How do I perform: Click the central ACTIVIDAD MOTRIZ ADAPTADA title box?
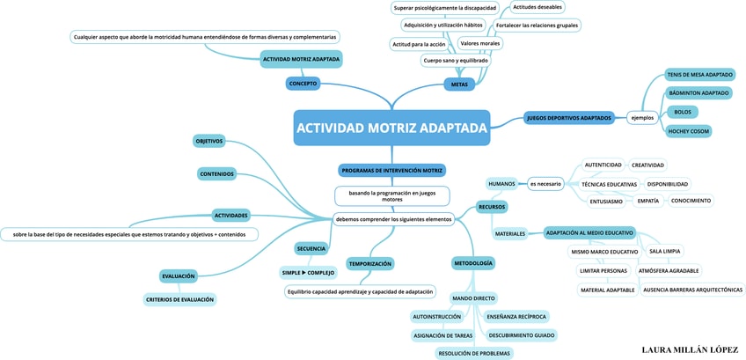coord(391,128)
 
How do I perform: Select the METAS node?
coord(459,84)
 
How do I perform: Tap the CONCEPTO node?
coord(303,84)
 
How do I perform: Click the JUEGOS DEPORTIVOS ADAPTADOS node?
coord(568,117)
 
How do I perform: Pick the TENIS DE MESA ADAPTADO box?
coord(699,75)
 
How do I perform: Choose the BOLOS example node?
coord(683,112)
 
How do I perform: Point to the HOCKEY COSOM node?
coord(689,131)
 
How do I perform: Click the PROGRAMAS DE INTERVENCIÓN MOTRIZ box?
coord(391,170)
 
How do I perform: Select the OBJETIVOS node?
coord(208,141)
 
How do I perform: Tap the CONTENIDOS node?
coord(216,173)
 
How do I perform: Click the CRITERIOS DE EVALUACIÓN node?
coord(179,299)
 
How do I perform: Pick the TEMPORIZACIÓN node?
coord(369,263)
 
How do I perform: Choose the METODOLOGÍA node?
coord(473,262)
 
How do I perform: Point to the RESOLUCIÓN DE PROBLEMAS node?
coord(473,353)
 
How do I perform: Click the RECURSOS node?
coord(492,206)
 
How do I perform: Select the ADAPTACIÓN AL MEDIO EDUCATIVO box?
coord(589,232)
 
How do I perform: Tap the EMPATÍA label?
coord(647,201)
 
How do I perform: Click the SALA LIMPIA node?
coord(664,251)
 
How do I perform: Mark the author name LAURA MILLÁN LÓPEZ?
coord(690,349)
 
